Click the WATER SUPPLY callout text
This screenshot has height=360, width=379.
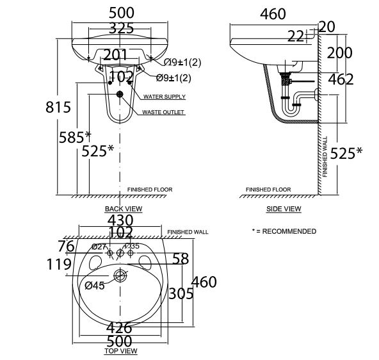(165, 97)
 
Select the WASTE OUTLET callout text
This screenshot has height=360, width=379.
(163, 112)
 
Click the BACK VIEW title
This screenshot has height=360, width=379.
(124, 209)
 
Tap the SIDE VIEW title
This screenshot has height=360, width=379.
(284, 209)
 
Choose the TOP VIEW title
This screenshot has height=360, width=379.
(120, 351)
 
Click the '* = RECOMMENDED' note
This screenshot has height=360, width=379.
(284, 231)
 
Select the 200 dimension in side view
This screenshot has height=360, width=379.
(340, 53)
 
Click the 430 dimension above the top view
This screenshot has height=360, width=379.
(120, 220)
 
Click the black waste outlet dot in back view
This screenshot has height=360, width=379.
(118, 94)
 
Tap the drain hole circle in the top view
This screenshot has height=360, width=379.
(120, 277)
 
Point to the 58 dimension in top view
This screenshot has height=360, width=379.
(181, 258)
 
